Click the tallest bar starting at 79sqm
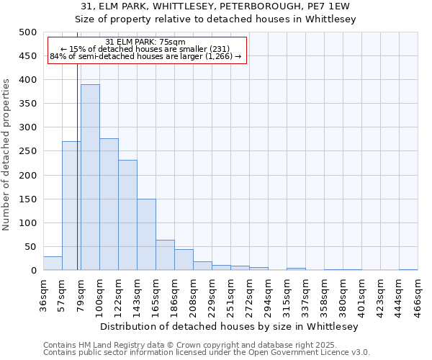pos(90,177)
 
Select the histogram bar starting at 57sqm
pos(71,206)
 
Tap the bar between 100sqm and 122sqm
pos(109,204)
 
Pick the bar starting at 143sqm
pos(146,235)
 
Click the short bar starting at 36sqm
pos(53,264)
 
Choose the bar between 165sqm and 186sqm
pos(165,256)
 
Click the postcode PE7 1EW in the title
pos(330,6)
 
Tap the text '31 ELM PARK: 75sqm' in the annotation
pos(145,42)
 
